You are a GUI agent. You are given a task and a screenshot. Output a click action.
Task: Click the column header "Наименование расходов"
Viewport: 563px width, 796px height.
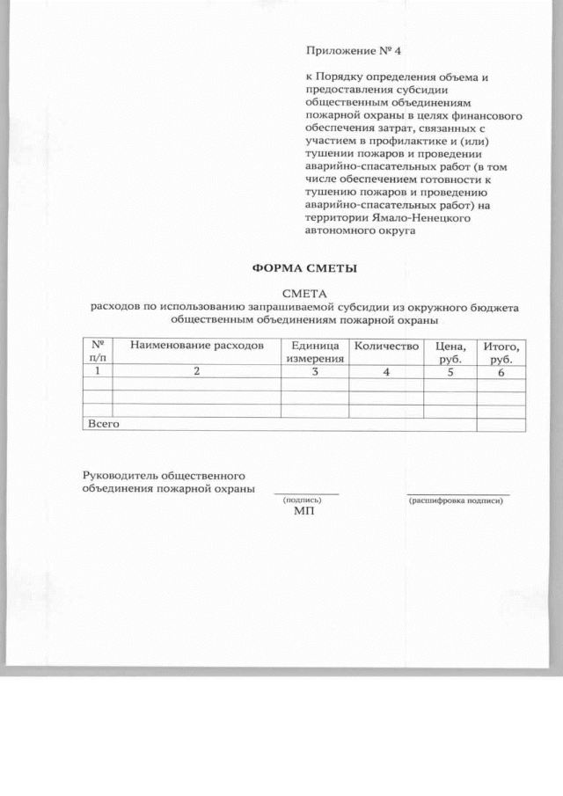[x=197, y=346]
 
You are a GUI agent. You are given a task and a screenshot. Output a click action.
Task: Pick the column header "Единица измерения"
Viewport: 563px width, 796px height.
[x=314, y=352]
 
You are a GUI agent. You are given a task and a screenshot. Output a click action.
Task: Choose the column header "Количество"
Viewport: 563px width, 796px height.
[x=385, y=346]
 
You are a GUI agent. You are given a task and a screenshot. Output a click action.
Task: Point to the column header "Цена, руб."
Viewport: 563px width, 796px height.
[x=450, y=353]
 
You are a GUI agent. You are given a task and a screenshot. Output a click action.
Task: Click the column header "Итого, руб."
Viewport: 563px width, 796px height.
[x=501, y=353]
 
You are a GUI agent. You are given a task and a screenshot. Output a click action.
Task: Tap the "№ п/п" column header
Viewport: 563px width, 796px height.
[x=98, y=352]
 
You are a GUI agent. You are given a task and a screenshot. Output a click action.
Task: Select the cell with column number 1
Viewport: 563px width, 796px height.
[x=98, y=372]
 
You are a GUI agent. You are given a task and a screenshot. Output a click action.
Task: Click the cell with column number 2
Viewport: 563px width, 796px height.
[x=197, y=372]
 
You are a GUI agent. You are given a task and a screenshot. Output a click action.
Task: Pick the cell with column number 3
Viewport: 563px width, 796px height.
[x=314, y=372]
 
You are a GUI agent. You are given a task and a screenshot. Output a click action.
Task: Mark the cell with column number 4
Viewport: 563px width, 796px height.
[x=385, y=372]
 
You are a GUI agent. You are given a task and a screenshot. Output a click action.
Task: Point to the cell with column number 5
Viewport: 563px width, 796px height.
[x=450, y=372]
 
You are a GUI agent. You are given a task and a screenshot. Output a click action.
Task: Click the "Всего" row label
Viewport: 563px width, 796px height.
[x=102, y=424]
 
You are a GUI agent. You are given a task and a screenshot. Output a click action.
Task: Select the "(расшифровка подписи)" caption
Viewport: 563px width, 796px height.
[x=457, y=500]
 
